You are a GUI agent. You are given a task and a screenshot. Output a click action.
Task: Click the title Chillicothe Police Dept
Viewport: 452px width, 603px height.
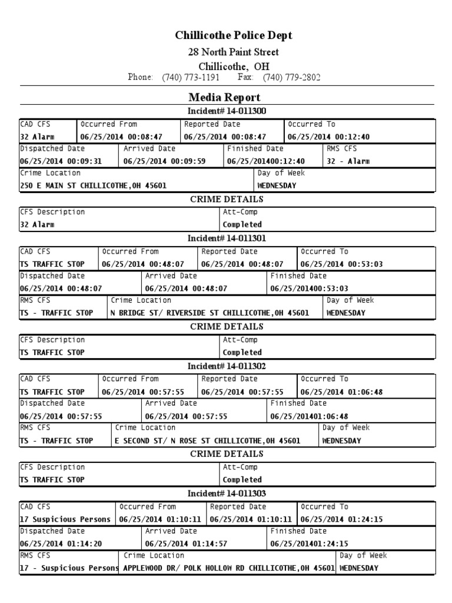click(234, 36)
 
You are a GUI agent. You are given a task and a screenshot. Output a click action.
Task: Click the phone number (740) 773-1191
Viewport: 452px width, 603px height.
click(190, 78)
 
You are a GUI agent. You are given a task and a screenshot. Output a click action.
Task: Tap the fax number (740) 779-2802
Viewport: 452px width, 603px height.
click(291, 78)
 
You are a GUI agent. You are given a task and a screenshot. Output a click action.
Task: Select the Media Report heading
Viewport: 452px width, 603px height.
click(224, 97)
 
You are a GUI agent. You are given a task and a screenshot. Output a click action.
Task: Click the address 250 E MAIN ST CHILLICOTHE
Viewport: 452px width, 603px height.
click(93, 185)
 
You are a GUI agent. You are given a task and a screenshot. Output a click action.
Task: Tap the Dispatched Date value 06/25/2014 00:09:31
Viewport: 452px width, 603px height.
click(61, 161)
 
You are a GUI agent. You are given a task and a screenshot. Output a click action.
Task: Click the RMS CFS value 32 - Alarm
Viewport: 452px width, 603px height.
click(348, 161)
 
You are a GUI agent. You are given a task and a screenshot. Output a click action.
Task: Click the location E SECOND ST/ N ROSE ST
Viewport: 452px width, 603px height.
click(194, 440)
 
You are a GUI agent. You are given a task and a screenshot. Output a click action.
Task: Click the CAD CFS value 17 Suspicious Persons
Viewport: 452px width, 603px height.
click(65, 519)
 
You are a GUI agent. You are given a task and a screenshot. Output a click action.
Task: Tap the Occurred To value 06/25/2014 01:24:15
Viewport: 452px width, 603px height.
click(342, 519)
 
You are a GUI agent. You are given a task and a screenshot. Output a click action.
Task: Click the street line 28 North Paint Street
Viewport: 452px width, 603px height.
click(233, 52)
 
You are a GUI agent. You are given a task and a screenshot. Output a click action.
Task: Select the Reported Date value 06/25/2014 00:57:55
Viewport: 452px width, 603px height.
click(242, 392)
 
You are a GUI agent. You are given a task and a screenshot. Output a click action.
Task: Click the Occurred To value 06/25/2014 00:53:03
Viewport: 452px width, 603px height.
click(341, 264)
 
